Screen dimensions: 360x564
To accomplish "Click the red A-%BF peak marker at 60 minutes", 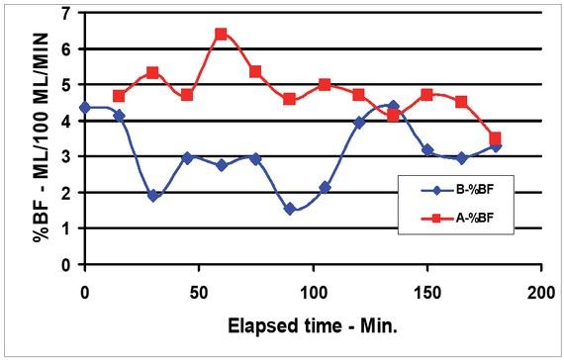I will point(222,34).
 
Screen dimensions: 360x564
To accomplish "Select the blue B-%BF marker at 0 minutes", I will point(85,107).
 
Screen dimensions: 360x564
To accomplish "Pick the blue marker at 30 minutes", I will point(153,196).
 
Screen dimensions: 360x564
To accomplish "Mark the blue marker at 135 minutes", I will point(393,106).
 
